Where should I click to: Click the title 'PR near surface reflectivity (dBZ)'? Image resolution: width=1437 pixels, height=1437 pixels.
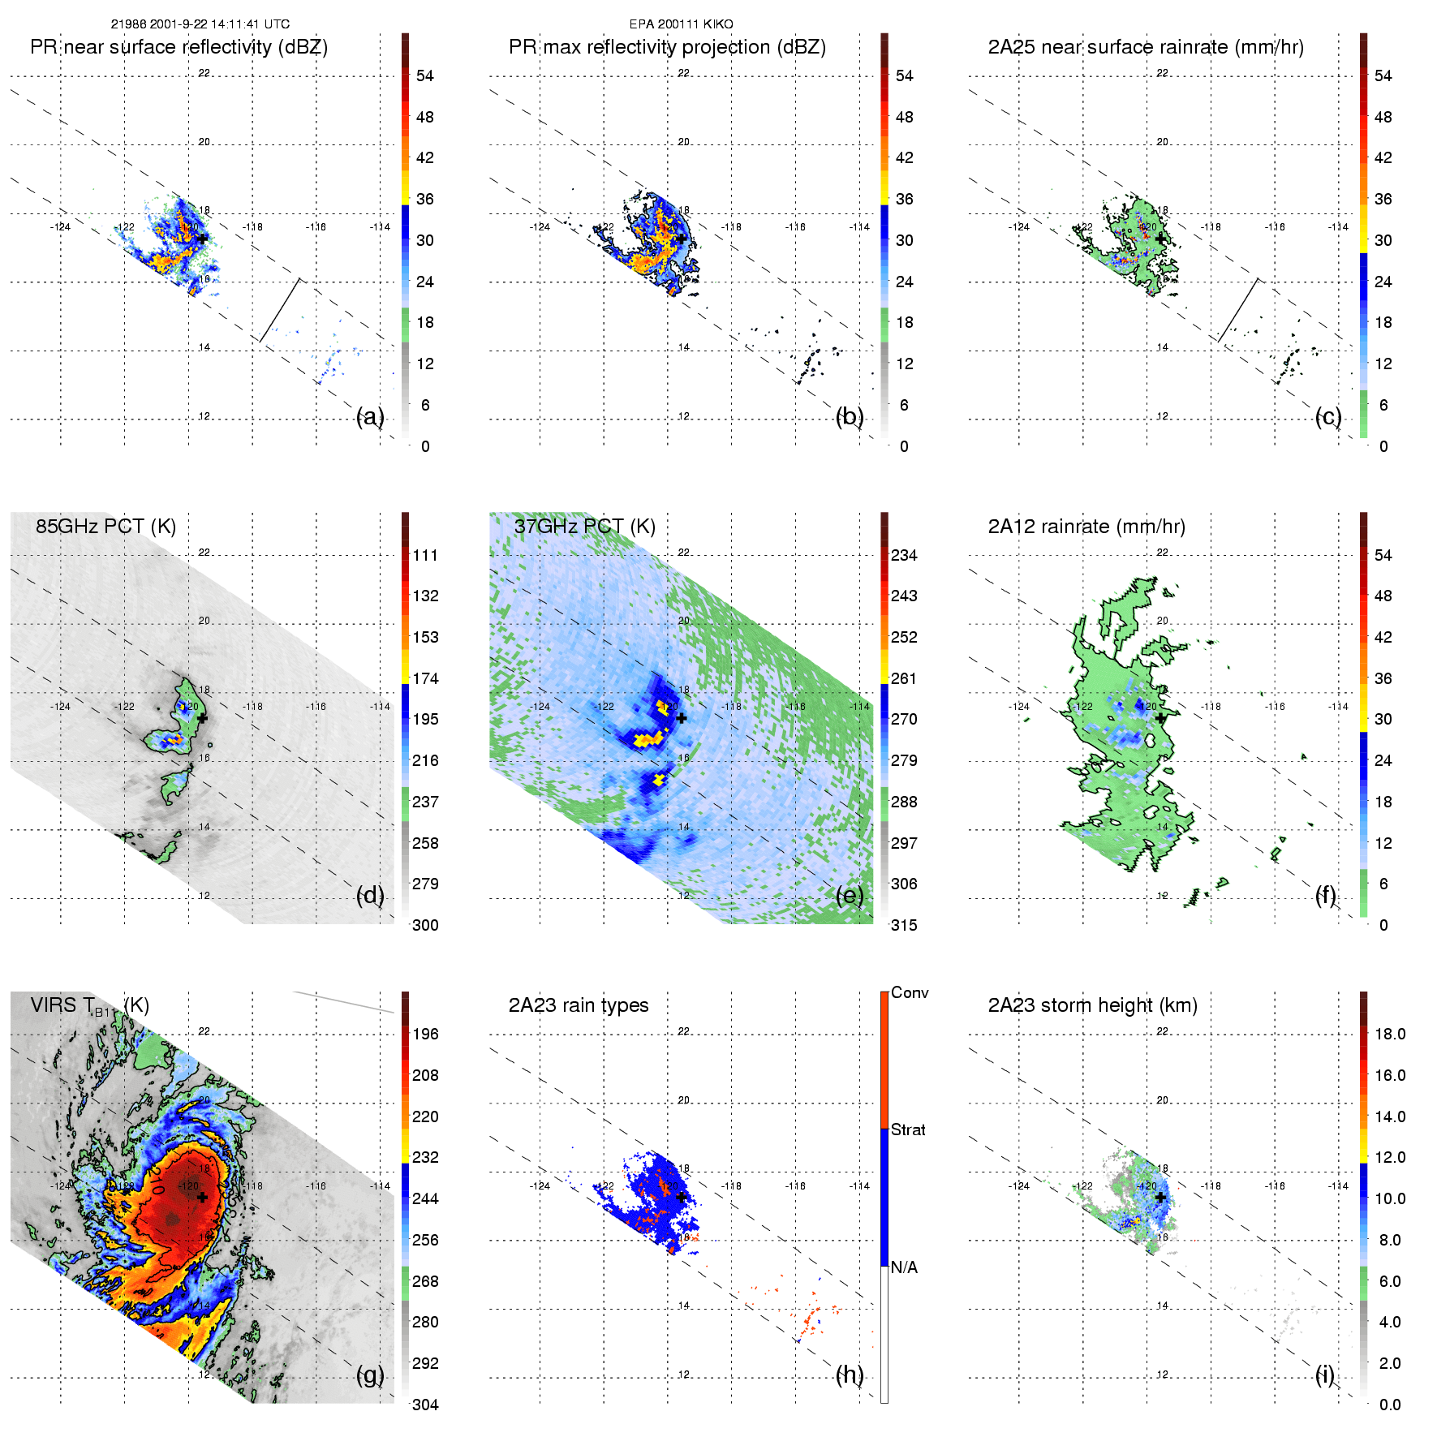tap(179, 47)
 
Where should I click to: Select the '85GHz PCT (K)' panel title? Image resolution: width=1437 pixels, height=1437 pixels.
tap(105, 526)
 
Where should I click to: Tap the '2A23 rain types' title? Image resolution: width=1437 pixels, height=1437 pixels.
tap(579, 1005)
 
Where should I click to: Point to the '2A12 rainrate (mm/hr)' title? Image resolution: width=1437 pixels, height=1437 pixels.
tap(1086, 527)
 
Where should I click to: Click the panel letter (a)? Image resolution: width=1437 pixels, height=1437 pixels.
tap(370, 417)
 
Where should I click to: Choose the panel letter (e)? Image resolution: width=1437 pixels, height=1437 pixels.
tap(850, 896)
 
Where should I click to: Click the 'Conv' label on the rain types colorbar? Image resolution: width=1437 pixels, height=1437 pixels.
tap(910, 992)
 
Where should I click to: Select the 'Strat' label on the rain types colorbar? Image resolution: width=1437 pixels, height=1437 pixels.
tap(908, 1129)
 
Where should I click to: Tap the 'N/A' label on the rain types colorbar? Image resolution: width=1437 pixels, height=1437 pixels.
tap(904, 1267)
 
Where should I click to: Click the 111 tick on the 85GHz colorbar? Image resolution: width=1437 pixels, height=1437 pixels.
tap(425, 555)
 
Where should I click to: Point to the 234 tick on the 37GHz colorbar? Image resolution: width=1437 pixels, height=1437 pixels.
tap(904, 555)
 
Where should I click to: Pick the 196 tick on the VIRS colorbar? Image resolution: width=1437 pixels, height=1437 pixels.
tap(425, 1034)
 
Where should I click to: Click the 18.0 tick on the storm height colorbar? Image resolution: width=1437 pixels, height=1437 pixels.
tap(1390, 1034)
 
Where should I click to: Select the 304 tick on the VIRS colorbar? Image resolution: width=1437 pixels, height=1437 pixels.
tap(425, 1405)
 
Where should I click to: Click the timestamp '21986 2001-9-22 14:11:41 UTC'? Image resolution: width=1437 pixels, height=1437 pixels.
tap(200, 24)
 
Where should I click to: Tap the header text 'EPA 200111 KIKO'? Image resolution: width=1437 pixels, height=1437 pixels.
tap(681, 24)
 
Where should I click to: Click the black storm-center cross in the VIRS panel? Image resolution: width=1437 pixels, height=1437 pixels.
tap(202, 1197)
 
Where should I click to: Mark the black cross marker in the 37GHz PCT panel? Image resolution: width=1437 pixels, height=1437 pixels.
tap(682, 718)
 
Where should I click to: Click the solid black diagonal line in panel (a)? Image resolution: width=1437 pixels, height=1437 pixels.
tap(280, 310)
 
